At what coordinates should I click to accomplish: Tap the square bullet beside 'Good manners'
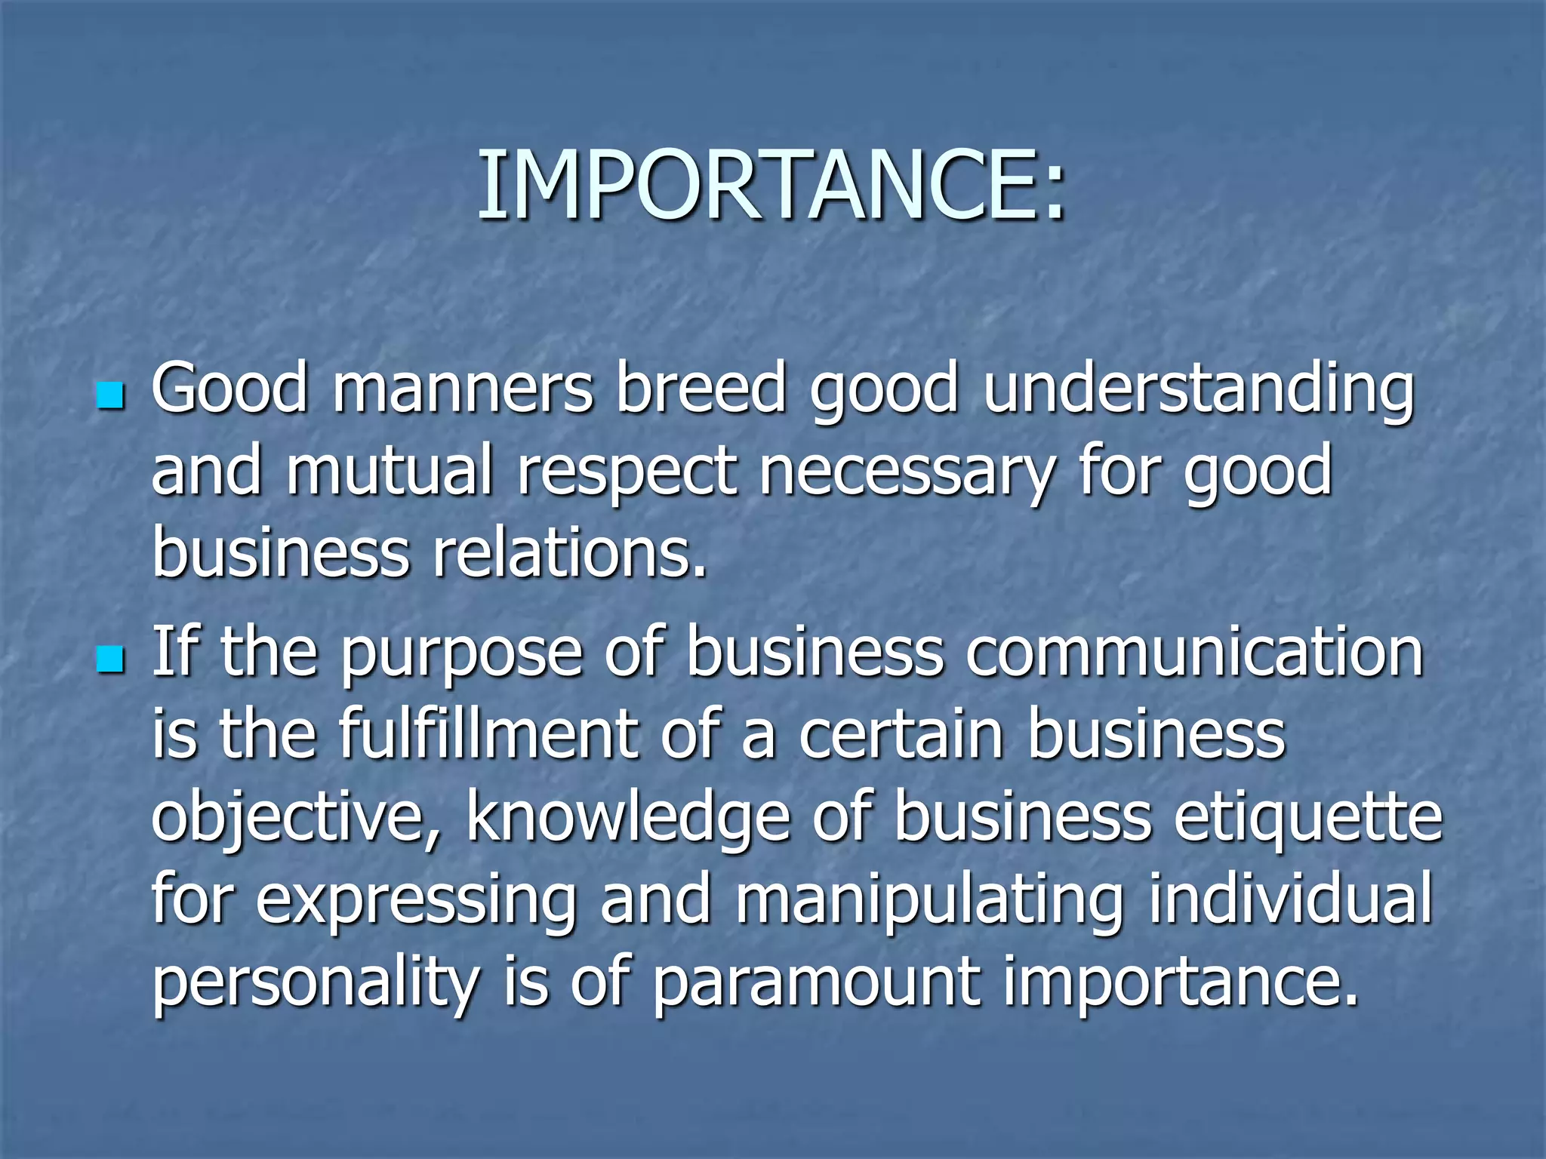[110, 395]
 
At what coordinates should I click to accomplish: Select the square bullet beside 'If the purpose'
[110, 659]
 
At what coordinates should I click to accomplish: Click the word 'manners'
[463, 389]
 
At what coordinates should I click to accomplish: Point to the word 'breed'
[701, 389]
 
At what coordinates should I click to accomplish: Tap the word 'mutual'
[389, 472]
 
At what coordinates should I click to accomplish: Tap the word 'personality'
[316, 985]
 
